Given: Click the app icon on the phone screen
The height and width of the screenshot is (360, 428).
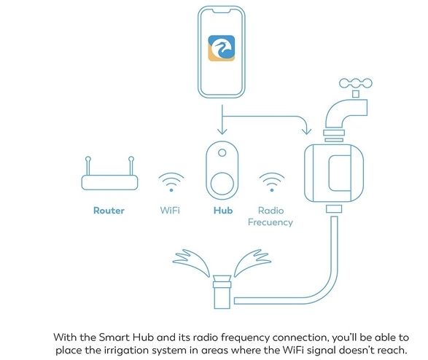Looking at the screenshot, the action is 222,48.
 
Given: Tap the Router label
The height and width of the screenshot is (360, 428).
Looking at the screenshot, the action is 109,211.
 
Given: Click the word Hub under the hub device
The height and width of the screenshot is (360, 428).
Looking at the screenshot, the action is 223,211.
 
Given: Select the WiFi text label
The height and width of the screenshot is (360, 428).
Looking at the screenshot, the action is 170,211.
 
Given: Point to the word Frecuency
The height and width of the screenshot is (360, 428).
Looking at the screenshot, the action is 271,222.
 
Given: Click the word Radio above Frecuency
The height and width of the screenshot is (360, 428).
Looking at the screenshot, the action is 271,211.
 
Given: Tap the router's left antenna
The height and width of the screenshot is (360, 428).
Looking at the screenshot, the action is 88,165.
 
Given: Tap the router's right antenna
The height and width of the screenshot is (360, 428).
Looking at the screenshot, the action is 131,165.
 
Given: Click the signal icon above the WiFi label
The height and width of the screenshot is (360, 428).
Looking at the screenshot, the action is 171,182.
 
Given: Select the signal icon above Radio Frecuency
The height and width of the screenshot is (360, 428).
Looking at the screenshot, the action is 272,182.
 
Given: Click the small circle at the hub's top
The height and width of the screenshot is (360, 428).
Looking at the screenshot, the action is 222,153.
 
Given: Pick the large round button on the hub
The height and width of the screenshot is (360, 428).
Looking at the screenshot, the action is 222,184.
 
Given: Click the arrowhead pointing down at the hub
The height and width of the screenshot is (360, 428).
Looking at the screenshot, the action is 222,131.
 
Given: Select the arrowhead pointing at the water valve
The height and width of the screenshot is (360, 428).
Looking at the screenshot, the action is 307,131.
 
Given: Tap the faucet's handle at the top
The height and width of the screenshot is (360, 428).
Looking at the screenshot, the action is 356,83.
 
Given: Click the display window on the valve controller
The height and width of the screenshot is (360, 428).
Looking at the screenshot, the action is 340,173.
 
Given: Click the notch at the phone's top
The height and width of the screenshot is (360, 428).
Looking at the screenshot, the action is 222,12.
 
